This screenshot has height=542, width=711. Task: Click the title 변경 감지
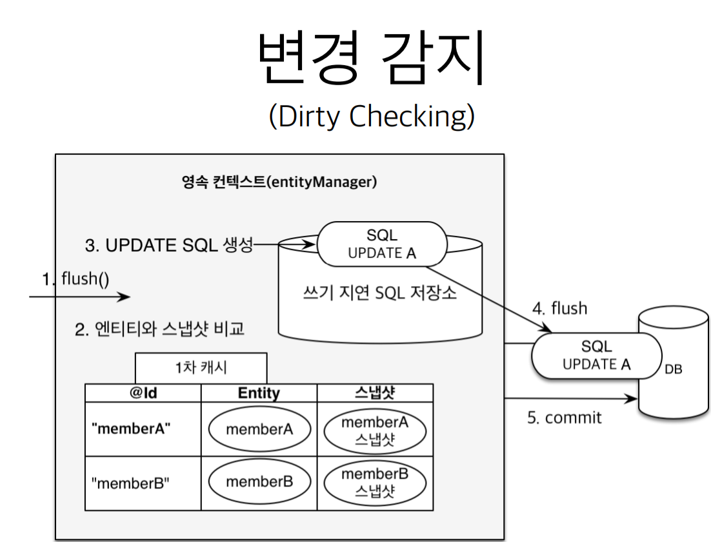(372, 57)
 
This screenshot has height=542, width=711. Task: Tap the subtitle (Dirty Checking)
(372, 117)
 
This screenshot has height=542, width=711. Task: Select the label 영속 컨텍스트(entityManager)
(279, 182)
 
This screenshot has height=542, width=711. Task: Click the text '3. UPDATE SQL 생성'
(168, 245)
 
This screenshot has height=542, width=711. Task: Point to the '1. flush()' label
(75, 278)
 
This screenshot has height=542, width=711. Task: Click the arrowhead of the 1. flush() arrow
(125, 297)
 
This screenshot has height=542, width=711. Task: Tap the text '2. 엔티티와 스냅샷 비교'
(159, 329)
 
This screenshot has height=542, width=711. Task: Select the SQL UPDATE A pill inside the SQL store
(382, 244)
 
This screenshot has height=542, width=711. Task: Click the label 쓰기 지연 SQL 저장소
(379, 293)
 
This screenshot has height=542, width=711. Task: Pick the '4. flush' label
(559, 308)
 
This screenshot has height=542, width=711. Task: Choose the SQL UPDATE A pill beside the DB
(596, 356)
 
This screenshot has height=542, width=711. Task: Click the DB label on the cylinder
(674, 369)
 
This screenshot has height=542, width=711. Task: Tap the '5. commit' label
(564, 418)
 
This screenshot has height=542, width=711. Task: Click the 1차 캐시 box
(201, 368)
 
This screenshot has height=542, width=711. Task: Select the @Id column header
(143, 392)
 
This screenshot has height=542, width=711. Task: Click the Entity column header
(259, 392)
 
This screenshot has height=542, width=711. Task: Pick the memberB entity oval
(259, 482)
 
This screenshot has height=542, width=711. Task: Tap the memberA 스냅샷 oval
(375, 431)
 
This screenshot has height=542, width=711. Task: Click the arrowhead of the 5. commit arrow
(632, 399)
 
